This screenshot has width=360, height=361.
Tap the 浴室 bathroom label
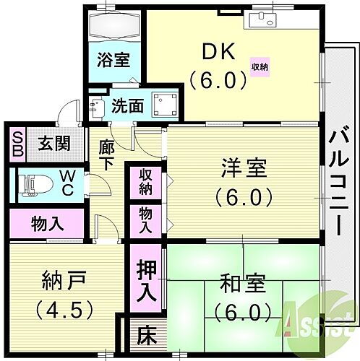(x=114, y=59)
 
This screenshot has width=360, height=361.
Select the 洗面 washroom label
(x=127, y=106)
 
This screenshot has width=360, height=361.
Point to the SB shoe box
(x=18, y=142)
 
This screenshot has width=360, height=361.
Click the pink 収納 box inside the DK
(x=259, y=66)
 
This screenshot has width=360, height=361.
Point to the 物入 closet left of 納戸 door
(x=44, y=222)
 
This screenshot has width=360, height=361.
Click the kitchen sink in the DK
(x=261, y=19)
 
